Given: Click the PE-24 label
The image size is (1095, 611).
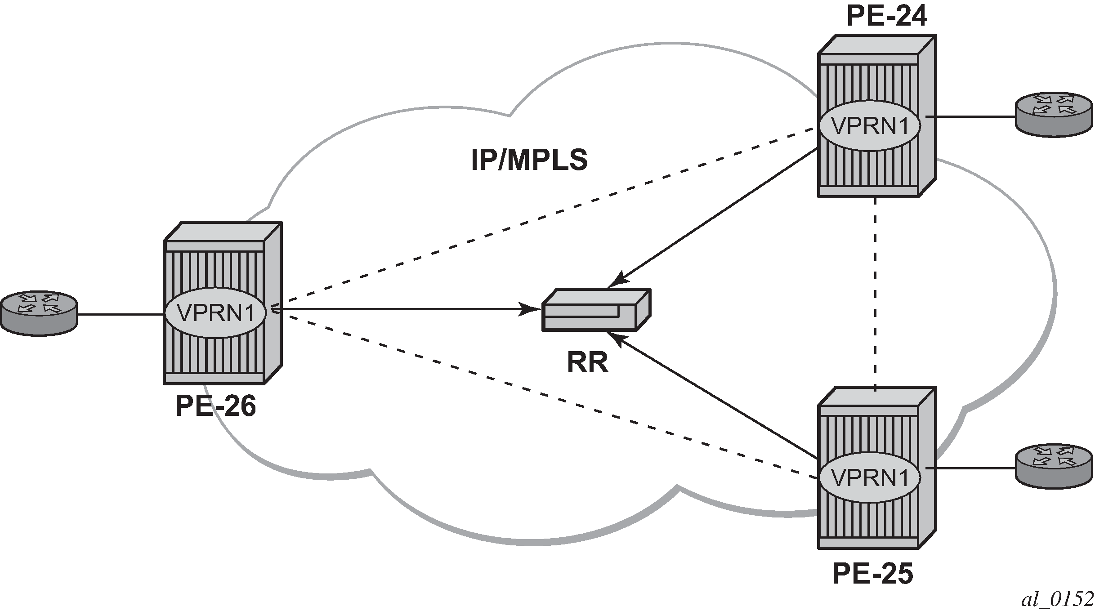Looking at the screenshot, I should (886, 18).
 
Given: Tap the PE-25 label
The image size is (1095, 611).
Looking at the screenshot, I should (872, 574).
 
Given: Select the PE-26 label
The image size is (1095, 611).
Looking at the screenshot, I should (215, 406).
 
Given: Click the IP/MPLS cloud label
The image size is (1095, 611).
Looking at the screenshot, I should (529, 161).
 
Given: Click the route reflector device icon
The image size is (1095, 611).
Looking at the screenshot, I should (595, 310).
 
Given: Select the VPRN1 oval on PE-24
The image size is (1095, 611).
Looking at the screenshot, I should (869, 126).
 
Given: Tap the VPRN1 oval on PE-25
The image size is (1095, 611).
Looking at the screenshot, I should (869, 478).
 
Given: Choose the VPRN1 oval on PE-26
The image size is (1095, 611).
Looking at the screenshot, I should (215, 313).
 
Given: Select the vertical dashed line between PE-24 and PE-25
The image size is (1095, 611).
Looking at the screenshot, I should (876, 292).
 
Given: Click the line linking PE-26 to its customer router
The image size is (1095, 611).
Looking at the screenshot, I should (121, 314).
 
